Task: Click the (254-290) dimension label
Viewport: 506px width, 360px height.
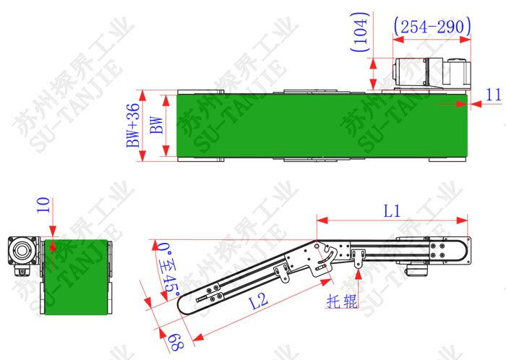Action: click(x=432, y=27)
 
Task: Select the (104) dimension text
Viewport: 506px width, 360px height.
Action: click(x=360, y=32)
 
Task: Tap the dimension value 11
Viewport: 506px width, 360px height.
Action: click(x=494, y=95)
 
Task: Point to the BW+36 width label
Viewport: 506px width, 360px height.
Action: click(x=133, y=125)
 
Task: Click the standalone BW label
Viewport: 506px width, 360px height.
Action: click(x=157, y=125)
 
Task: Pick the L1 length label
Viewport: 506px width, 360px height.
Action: click(x=392, y=211)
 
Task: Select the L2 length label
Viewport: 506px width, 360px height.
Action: click(x=259, y=301)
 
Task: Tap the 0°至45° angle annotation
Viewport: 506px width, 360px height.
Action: click(x=168, y=270)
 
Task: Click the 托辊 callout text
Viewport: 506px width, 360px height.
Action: click(x=342, y=301)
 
